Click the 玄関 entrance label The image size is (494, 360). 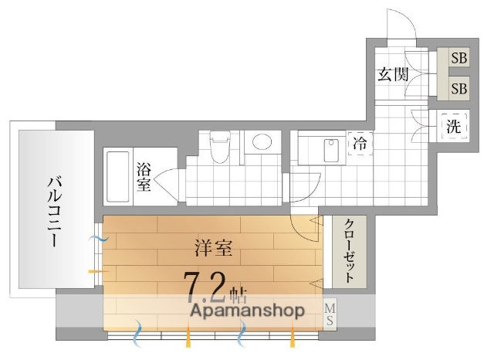pyautogui.click(x=393, y=74)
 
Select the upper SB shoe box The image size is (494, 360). pyautogui.click(x=458, y=57)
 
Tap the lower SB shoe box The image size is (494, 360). pyautogui.click(x=458, y=88)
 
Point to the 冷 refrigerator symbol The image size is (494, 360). pyautogui.click(x=360, y=143)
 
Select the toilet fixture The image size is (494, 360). pyautogui.click(x=219, y=146)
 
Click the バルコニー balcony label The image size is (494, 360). pyautogui.click(x=55, y=210)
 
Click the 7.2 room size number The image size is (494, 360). pyautogui.click(x=204, y=287)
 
